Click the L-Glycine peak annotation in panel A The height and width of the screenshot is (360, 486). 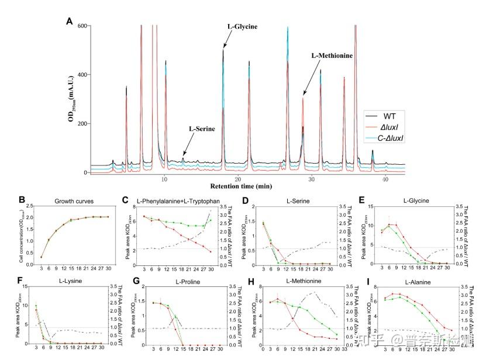point(242,27)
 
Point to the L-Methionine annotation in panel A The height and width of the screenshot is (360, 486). point(332,56)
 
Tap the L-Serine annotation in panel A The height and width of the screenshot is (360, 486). point(201,129)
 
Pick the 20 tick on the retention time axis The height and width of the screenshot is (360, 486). point(237,178)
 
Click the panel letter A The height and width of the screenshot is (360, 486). point(70,22)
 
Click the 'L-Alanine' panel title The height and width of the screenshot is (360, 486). point(416,281)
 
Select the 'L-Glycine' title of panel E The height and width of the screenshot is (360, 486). point(415,200)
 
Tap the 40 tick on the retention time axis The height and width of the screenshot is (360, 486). point(385,178)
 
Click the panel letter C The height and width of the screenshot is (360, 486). point(125,200)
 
